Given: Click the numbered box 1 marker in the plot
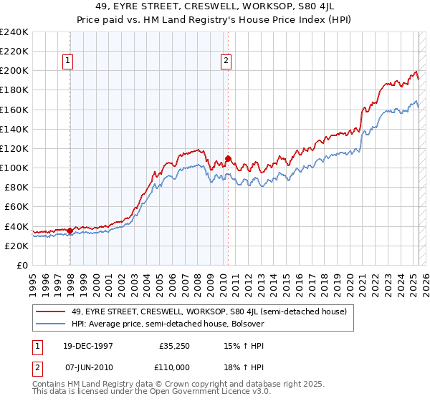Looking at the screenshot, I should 68,62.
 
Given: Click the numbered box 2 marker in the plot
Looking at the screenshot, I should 226,62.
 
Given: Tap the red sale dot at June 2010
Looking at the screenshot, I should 228,158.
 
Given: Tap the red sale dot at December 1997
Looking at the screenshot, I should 70,231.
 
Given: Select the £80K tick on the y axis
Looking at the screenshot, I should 16,187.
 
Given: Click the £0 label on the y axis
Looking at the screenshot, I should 22,265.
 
